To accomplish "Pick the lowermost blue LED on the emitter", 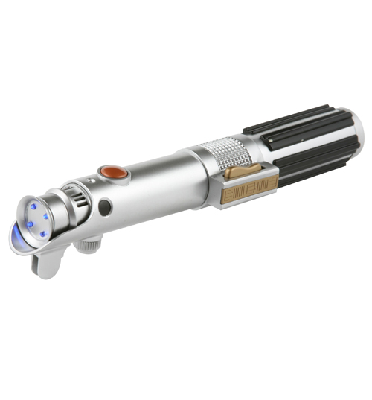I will tap(42, 234).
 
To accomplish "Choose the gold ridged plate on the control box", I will tap(249, 191).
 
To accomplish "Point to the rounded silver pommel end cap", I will tap(356, 138).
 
